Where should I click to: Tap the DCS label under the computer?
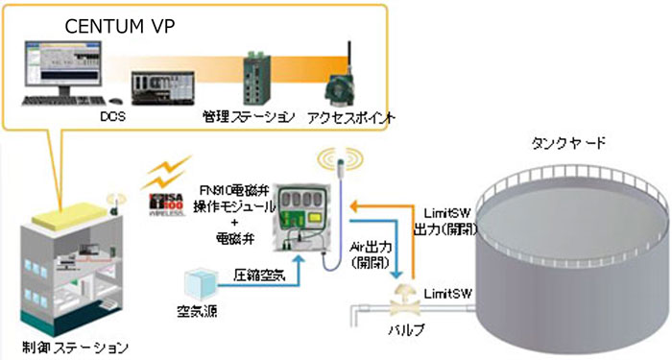[113, 116]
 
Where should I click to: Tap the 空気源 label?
[199, 318]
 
